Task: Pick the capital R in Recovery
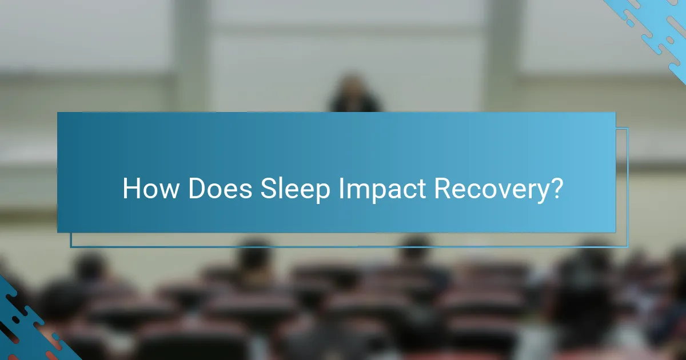(x=442, y=189)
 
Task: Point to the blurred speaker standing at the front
(x=354, y=94)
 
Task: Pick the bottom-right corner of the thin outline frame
(x=628, y=247)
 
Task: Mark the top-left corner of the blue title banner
(x=58, y=113)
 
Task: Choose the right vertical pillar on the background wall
(x=503, y=57)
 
